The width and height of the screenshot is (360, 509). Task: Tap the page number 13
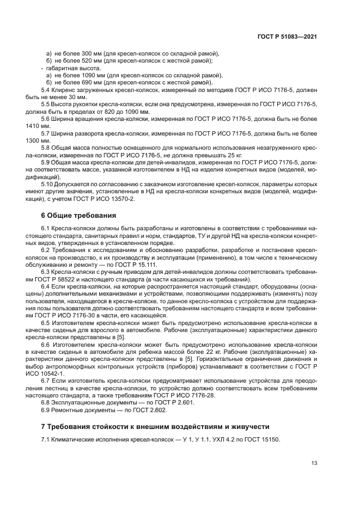coord(314,463)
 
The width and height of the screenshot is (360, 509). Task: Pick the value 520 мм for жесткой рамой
coord(90,60)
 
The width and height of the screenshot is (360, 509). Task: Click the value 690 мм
coord(90,82)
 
